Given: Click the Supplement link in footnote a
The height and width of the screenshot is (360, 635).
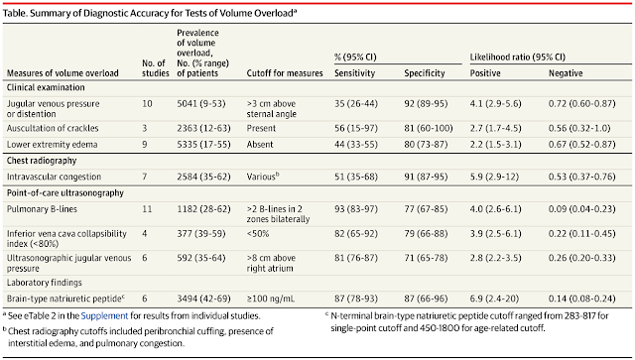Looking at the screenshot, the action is pyautogui.click(x=104, y=315).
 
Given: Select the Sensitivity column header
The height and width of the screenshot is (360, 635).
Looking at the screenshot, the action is pyautogui.click(x=355, y=73).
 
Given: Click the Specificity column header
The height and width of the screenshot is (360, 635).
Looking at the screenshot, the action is pyautogui.click(x=425, y=73).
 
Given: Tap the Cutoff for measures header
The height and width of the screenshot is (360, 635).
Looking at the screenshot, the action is pyautogui.click(x=285, y=73).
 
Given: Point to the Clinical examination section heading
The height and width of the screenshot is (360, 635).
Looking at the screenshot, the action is pyautogui.click(x=46, y=87).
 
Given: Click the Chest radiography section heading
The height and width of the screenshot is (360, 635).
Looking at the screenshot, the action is pyautogui.click(x=42, y=161).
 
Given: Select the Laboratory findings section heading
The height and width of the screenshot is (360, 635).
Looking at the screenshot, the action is pyautogui.click(x=45, y=283).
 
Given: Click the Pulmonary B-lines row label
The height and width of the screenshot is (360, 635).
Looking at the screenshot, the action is pyautogui.click(x=42, y=209).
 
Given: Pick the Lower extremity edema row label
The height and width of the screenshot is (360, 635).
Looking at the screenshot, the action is pyautogui.click(x=53, y=145).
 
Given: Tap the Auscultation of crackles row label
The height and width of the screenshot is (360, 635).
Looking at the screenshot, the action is pyautogui.click(x=53, y=128).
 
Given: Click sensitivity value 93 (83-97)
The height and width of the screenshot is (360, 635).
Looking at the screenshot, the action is pyautogui.click(x=356, y=209).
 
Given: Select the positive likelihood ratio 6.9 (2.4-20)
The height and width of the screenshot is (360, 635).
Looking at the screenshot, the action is pyautogui.click(x=494, y=299).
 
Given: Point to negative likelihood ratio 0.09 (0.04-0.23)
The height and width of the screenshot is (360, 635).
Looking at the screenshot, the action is pyautogui.click(x=582, y=209).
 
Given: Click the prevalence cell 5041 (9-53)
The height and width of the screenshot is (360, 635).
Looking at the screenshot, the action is pyautogui.click(x=200, y=104).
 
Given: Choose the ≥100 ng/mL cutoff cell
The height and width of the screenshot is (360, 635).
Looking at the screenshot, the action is pyautogui.click(x=271, y=299).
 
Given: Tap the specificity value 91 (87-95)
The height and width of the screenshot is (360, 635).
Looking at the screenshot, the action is pyautogui.click(x=426, y=177).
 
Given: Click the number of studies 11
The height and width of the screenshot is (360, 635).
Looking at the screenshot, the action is pyautogui.click(x=147, y=209).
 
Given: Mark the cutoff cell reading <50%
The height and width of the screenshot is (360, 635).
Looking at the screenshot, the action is pyautogui.click(x=258, y=234).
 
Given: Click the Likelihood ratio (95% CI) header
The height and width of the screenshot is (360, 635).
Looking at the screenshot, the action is pyautogui.click(x=518, y=58).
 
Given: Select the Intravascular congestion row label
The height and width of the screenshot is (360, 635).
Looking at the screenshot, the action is pyautogui.click(x=54, y=177).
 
